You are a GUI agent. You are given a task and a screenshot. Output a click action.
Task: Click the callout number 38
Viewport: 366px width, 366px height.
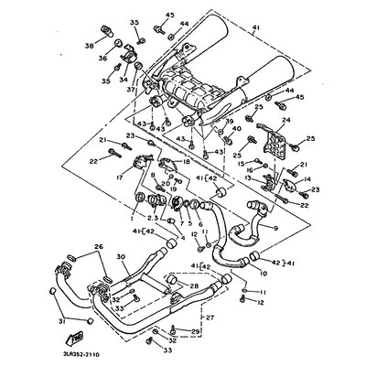[x=90, y=45]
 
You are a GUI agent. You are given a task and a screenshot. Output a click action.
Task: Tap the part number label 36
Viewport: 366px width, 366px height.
[x=102, y=59]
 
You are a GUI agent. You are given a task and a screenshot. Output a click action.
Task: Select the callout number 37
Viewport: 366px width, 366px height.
[x=130, y=90]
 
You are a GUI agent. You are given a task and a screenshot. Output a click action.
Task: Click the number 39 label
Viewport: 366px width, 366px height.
[x=229, y=122]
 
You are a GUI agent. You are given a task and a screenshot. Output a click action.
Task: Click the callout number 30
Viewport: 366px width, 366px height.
[x=120, y=258]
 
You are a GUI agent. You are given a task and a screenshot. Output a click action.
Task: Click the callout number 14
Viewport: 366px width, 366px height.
[x=307, y=181]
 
